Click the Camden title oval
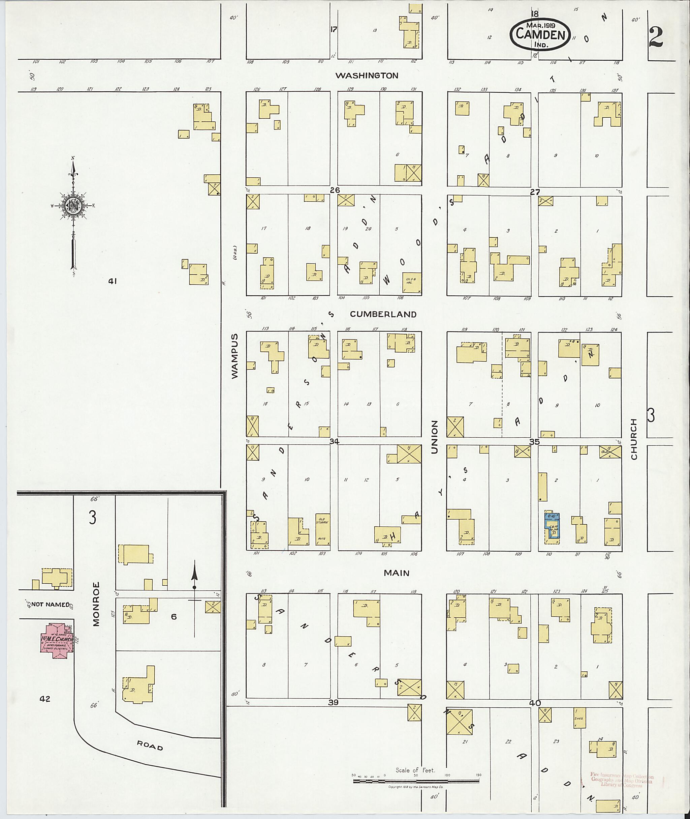[540, 34]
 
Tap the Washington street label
[367, 76]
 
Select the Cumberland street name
[383, 314]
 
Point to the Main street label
[396, 573]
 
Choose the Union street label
[434, 437]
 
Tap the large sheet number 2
[656, 37]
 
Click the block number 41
[113, 281]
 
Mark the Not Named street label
[50, 604]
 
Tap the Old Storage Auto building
[323, 529]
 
